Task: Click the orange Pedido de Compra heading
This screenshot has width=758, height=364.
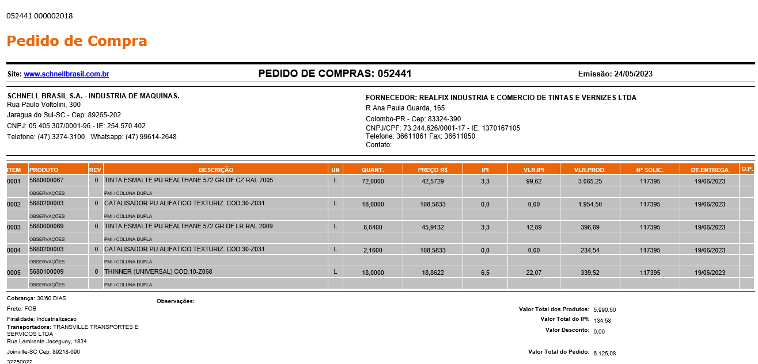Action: point(77,41)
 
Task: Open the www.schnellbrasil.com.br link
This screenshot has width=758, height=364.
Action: point(66,74)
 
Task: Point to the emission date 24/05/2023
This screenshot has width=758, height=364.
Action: point(633,74)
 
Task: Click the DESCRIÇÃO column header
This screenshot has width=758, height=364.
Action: point(216,170)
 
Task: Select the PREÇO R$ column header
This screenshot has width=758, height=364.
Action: point(433,170)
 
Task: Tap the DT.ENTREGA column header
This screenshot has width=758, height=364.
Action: point(709,170)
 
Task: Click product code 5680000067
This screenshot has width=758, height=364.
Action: point(47,181)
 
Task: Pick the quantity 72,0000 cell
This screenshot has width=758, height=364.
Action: point(373,181)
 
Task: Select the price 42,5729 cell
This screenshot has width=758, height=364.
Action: point(433,181)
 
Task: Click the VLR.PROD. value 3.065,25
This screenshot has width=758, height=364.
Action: point(590,181)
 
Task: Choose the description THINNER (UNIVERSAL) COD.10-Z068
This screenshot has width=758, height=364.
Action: point(158,272)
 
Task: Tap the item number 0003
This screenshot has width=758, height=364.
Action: point(14,227)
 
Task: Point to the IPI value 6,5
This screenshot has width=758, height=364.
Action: point(485,273)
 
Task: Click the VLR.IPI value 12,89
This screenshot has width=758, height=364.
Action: point(534,227)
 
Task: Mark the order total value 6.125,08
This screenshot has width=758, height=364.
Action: point(604,354)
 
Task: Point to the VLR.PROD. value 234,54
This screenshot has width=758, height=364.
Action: point(590,250)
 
